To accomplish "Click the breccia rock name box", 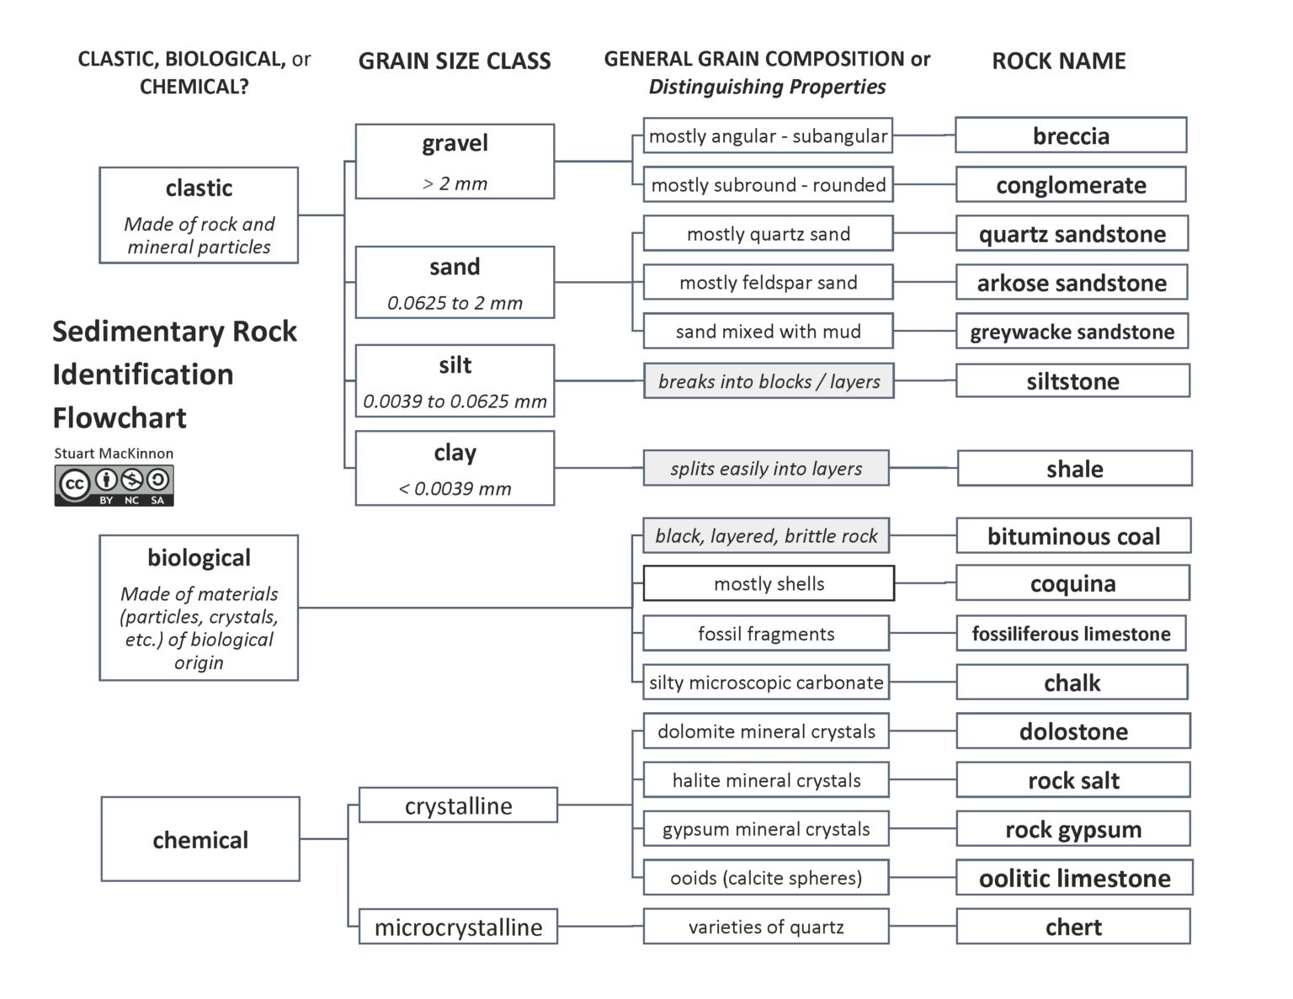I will click(1071, 136).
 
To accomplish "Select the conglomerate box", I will click(1071, 184).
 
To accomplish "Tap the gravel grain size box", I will click(455, 162).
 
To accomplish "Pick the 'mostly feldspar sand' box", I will click(768, 282).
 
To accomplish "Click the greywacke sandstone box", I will click(1072, 332).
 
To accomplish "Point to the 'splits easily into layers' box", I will click(766, 468).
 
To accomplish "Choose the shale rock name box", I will click(1074, 468).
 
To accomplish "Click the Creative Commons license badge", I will click(114, 486).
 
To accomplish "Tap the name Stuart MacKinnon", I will click(114, 453).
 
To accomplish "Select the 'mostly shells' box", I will click(769, 583).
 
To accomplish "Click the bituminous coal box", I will click(1073, 535).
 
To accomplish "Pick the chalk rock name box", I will click(1072, 682).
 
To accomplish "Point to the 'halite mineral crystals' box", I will click(766, 780).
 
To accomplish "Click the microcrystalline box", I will click(458, 927).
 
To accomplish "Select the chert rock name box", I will click(1073, 927).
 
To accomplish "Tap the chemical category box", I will click(200, 839).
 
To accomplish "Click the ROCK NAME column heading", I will click(1058, 61).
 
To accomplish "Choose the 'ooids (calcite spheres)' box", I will click(766, 878).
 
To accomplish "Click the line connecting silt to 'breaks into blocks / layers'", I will click(599, 380).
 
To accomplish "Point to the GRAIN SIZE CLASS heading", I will click(455, 61).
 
